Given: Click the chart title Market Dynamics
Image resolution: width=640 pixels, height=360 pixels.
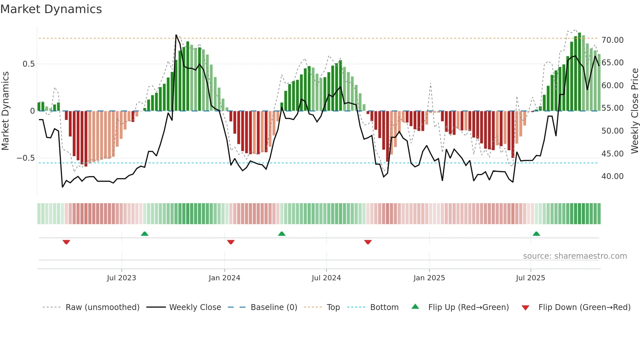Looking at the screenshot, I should (51, 9).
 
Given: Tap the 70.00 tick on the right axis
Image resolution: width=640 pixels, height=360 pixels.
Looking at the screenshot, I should (612, 40).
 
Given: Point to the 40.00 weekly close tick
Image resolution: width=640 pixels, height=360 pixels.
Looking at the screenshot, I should (612, 176).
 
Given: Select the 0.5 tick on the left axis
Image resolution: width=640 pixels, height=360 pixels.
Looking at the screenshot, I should (29, 64).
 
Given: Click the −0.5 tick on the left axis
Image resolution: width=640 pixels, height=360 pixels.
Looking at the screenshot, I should (26, 158).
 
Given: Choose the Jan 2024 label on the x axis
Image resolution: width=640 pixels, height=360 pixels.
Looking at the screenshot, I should (224, 278).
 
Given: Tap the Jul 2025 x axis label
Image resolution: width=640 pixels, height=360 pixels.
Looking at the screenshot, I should (530, 278).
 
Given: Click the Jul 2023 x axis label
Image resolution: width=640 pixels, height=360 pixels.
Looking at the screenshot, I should (121, 278).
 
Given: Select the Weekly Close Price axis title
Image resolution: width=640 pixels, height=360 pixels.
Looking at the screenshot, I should (634, 111).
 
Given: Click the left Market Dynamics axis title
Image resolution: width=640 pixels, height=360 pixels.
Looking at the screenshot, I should (5, 111).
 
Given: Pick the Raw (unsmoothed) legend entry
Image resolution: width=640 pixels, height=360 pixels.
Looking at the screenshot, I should (102, 307).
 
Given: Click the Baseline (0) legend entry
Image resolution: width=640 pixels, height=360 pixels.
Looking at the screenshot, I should (274, 307).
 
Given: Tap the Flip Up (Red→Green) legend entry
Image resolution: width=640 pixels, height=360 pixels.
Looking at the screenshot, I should (468, 307).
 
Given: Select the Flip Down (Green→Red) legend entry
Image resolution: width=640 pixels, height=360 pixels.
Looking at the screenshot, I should (584, 307).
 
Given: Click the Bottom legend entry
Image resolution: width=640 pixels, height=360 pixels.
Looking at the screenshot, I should (384, 307).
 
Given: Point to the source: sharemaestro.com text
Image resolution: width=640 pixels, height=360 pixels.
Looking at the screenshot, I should (575, 256).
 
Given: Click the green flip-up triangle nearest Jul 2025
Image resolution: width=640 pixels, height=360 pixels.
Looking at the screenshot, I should (536, 234).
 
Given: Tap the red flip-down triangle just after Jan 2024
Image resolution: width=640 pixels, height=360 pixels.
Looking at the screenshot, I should (231, 242).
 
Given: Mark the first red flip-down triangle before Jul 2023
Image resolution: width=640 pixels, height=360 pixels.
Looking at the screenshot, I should (66, 242).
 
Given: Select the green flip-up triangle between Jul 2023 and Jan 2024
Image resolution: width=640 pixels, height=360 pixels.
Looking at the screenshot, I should (145, 234).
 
